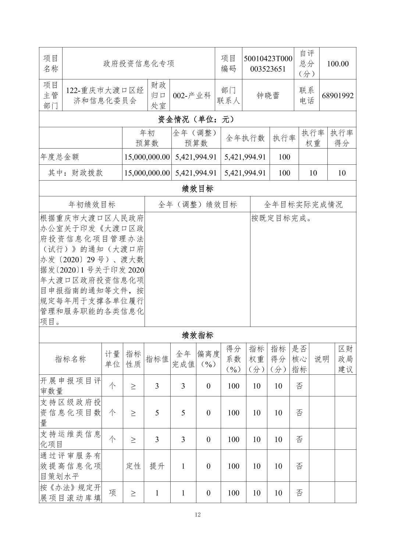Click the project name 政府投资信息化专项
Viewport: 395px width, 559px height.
pos(139,64)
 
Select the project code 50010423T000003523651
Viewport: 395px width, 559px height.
pos(268,64)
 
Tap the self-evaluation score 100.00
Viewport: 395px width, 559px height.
pos(338,64)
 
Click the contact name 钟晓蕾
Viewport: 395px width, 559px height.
pos(268,95)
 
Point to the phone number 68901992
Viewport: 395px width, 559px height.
pos(338,96)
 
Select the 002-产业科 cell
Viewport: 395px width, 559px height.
pos(192,95)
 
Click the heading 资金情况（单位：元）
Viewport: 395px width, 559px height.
pos(197,119)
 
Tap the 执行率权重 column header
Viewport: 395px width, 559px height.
pos(313,138)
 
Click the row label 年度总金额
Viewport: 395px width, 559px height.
pos(60,157)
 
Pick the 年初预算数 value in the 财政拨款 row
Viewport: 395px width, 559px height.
pos(147,173)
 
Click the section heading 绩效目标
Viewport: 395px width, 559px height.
pos(197,189)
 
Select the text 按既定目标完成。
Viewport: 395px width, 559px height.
pos(282,218)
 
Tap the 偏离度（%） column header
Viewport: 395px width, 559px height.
pos(208,359)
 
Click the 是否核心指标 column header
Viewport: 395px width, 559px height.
pos(299,359)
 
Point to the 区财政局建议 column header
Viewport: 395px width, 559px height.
pos(345,359)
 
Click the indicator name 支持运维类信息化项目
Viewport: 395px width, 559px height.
pos(70,439)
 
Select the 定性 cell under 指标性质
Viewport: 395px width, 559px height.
pos(133,466)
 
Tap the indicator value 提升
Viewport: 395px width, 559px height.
pos(157,466)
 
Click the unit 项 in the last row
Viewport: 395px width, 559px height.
pos(112,493)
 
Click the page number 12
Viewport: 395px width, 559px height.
pos(197,515)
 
